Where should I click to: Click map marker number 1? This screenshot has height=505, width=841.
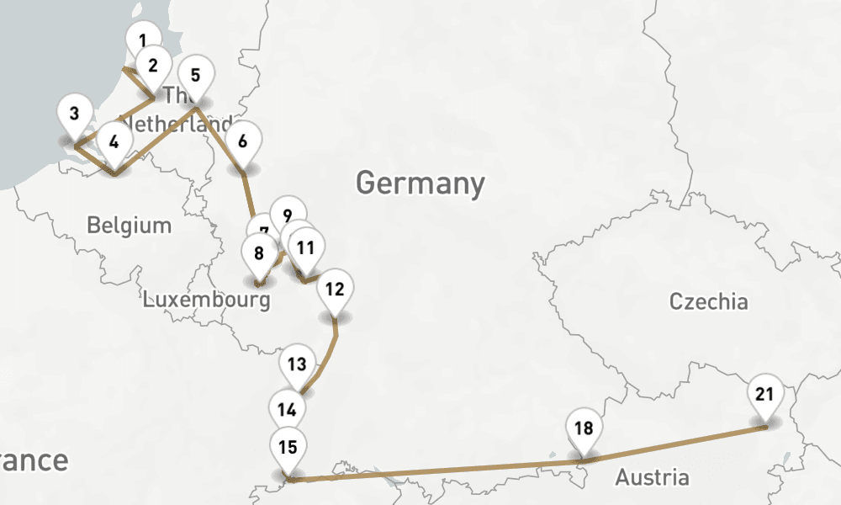pyautogui.click(x=143, y=40)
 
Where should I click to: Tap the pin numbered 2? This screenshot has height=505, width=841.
pyautogui.click(x=153, y=65)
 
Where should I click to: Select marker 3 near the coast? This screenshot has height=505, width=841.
pyautogui.click(x=75, y=114)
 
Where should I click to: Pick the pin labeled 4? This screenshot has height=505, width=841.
pyautogui.click(x=114, y=141)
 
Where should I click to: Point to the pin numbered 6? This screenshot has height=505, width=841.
pyautogui.click(x=243, y=141)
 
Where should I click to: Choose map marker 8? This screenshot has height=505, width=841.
pyautogui.click(x=259, y=252)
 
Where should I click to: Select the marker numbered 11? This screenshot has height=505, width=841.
pyautogui.click(x=306, y=247)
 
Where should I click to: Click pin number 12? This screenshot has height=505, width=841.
pyautogui.click(x=335, y=290)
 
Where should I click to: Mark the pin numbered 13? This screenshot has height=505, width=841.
pyautogui.click(x=296, y=364)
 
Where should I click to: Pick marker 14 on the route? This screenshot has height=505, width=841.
pyautogui.click(x=288, y=410)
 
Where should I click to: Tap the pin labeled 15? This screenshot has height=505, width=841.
pyautogui.click(x=288, y=447)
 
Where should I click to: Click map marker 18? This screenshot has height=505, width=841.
pyautogui.click(x=584, y=428)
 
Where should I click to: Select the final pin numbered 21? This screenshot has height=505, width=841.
pyautogui.click(x=764, y=394)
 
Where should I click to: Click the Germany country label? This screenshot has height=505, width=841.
pyautogui.click(x=420, y=183)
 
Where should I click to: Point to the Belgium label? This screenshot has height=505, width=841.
pyautogui.click(x=130, y=226)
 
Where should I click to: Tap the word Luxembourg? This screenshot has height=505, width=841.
pyautogui.click(x=207, y=300)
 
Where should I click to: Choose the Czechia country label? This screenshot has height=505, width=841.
pyautogui.click(x=708, y=301)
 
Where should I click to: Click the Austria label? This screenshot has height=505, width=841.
pyautogui.click(x=652, y=478)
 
